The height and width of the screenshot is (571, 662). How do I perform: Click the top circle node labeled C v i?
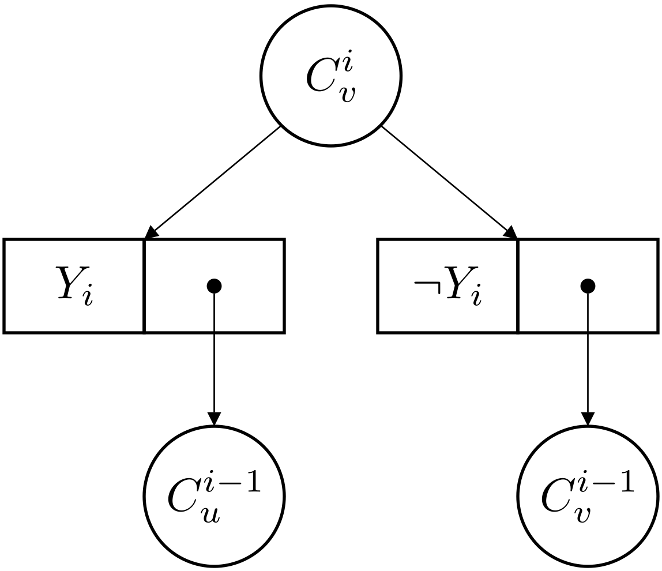(330, 76)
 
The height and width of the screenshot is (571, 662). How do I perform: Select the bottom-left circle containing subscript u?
(214, 496)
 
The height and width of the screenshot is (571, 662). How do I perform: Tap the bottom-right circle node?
(587, 496)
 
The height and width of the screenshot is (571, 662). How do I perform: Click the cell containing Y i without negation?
(74, 286)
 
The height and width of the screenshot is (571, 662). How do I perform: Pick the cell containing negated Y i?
(447, 286)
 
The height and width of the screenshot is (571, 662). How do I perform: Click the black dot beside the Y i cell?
(214, 285)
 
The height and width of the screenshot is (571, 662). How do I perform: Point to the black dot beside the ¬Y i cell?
(587, 285)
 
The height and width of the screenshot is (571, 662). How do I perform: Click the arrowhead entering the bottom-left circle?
(214, 419)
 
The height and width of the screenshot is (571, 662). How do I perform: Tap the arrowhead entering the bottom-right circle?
(587, 419)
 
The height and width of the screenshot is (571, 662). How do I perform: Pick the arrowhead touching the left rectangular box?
(152, 232)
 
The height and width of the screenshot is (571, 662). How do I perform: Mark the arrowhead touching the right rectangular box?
(510, 232)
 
